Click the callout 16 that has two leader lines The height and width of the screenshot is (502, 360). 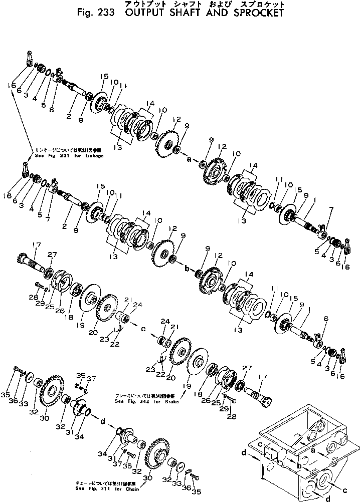coord(12,86)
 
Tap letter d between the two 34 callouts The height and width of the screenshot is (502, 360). coord(103,421)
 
